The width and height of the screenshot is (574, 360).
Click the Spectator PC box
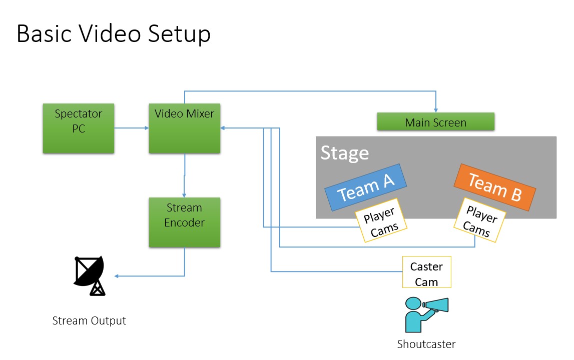(x=79, y=128)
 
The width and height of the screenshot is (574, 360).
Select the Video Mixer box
(x=184, y=128)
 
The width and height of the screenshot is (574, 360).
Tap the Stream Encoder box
(x=184, y=222)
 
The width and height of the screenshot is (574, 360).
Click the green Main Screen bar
(x=435, y=121)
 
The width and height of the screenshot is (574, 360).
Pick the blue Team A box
(x=366, y=187)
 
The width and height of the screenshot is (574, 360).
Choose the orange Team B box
(x=494, y=187)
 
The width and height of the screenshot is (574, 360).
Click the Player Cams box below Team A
(x=381, y=223)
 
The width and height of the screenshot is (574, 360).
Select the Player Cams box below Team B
(x=479, y=220)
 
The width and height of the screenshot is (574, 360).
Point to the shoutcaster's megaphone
(x=436, y=304)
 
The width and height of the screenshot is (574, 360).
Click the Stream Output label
(x=89, y=320)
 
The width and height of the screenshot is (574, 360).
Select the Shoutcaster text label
(x=426, y=344)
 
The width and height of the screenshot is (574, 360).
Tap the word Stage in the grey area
(x=344, y=152)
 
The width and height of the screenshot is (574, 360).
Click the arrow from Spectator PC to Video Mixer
(x=132, y=128)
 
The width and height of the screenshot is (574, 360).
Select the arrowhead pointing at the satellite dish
(x=117, y=276)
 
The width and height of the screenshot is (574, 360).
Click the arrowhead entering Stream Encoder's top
(x=184, y=195)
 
